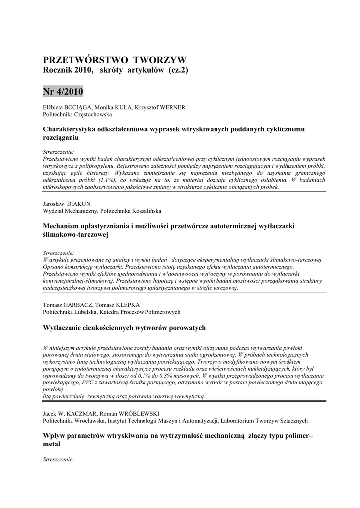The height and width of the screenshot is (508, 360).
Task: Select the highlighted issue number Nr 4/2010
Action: pos(63,92)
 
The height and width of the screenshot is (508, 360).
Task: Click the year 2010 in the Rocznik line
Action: pos(83,71)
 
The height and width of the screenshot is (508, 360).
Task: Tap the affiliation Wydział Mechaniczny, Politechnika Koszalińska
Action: pos(102,211)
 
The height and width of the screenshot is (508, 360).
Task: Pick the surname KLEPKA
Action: pos(125,304)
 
